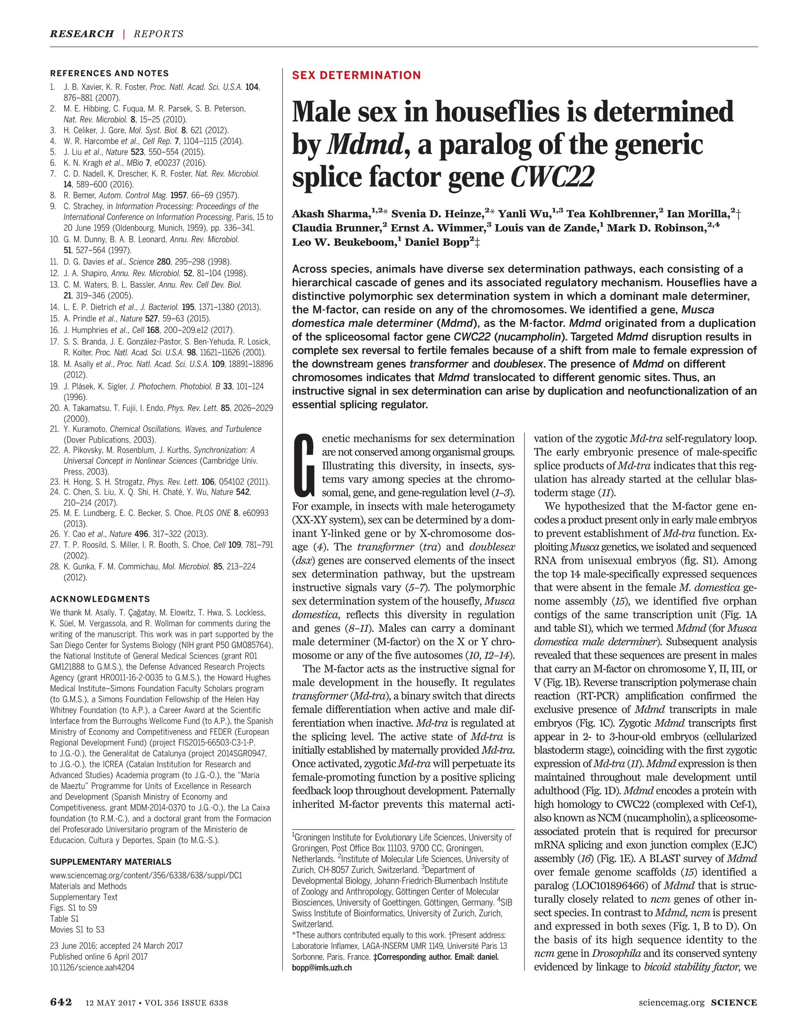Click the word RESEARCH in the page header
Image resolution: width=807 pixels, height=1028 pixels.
[x=82, y=34]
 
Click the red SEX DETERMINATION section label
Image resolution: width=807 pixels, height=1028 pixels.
[x=356, y=75]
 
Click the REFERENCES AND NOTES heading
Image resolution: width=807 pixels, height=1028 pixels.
[x=109, y=73]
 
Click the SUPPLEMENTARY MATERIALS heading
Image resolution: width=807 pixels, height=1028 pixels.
[x=111, y=862]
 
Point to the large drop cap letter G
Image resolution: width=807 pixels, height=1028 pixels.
[x=304, y=464]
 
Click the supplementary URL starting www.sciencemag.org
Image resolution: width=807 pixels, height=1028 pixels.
[x=146, y=875]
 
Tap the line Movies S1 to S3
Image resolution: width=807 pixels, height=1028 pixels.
[x=77, y=929]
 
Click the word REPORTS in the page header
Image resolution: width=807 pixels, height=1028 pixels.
[x=159, y=34]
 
